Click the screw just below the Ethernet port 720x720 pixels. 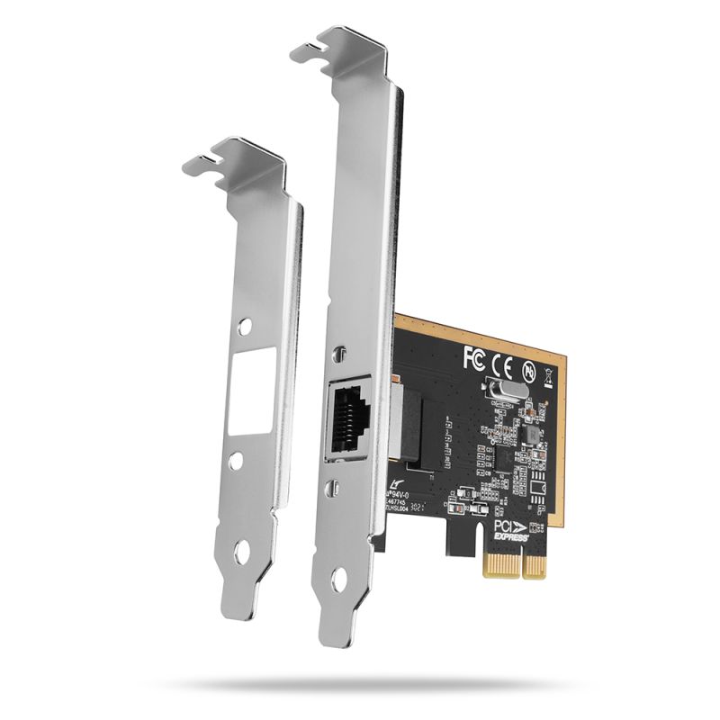(334, 489)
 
